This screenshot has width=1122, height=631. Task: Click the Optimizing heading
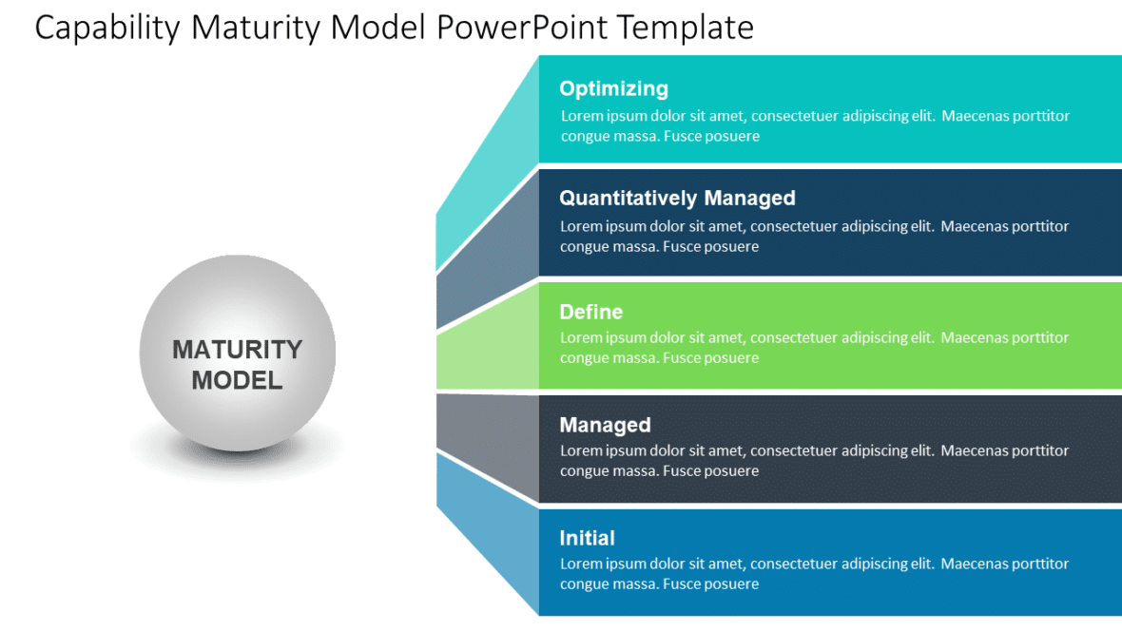point(613,88)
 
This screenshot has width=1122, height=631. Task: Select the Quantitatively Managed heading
point(677,198)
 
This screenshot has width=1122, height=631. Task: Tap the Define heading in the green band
point(590,312)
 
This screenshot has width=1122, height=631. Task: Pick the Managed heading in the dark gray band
point(605,425)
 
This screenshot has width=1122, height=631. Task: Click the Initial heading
point(587,538)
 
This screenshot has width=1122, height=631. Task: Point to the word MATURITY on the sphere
point(237,350)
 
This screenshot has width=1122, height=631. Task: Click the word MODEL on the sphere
point(237,380)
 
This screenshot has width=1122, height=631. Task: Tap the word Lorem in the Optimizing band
point(581,116)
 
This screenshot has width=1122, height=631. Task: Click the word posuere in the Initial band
point(732,583)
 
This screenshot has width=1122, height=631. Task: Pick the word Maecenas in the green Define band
point(976,337)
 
